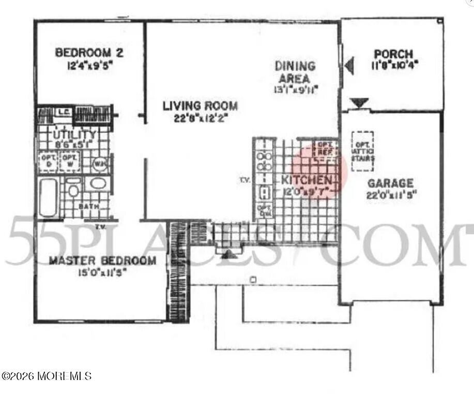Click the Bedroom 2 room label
[89, 53]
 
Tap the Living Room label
[200, 106]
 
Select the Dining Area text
[295, 72]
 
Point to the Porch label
[393, 54]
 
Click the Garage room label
[390, 183]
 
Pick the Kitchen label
[306, 180]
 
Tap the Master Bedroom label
[102, 260]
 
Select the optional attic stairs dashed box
[364, 151]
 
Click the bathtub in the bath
[49, 197]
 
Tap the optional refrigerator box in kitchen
[325, 148]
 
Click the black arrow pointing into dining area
[350, 65]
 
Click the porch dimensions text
[393, 66]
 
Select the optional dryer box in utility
[47, 161]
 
